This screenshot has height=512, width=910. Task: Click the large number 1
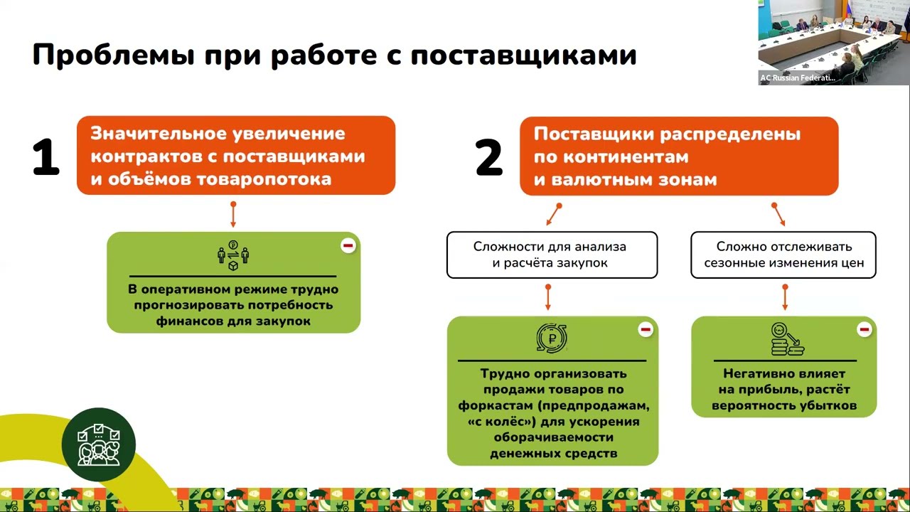(x=45, y=158)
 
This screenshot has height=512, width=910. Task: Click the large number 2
(x=489, y=158)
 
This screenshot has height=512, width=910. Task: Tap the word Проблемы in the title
(x=112, y=55)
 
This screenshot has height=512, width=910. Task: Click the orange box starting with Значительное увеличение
(x=235, y=156)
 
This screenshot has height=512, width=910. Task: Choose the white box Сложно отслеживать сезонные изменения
(x=783, y=255)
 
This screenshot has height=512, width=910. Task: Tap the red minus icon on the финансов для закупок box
(x=348, y=246)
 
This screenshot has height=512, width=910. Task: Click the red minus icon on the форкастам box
(x=646, y=330)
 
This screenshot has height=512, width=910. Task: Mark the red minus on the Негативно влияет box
(x=864, y=330)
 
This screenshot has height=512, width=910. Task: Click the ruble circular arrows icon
(x=552, y=339)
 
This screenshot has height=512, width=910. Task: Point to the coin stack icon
(x=786, y=340)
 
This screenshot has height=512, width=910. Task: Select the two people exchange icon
(x=232, y=255)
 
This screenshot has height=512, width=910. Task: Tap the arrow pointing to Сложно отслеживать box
(x=778, y=214)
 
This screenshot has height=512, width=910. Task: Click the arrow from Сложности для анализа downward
(x=548, y=297)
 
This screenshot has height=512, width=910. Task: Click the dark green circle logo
(x=98, y=444)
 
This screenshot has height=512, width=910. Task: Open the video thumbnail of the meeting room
(x=833, y=43)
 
